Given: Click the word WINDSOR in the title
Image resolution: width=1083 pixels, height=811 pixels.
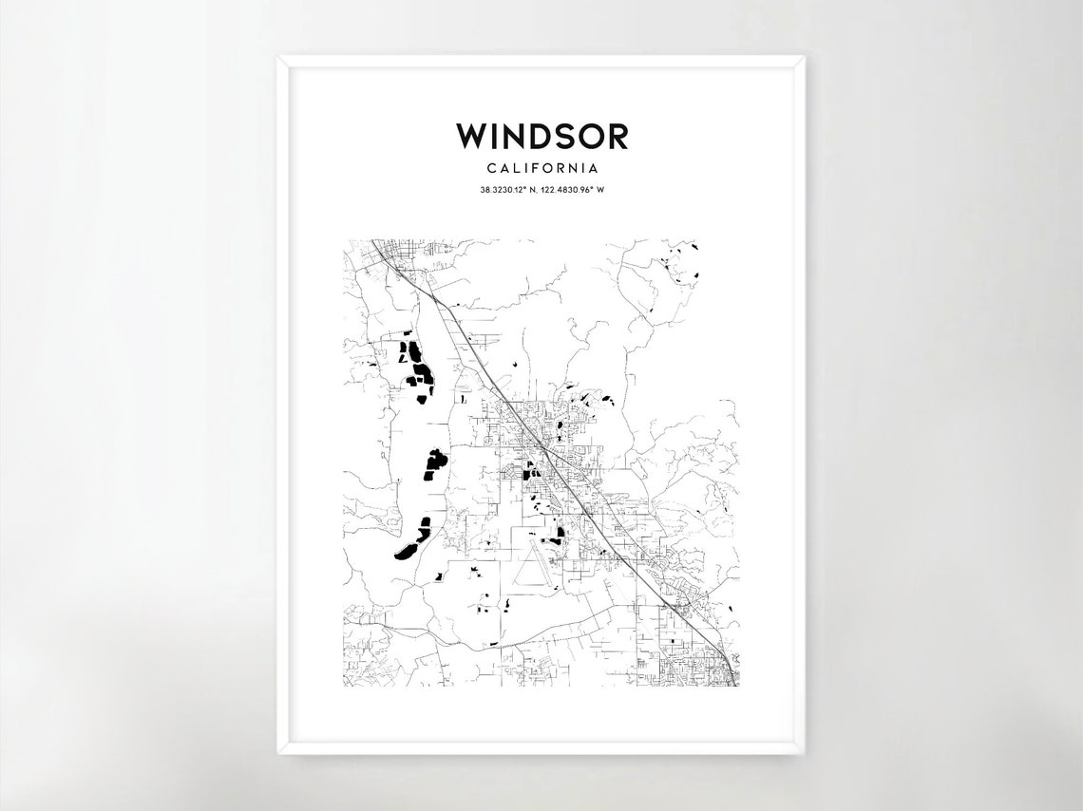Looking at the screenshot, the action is (541, 136).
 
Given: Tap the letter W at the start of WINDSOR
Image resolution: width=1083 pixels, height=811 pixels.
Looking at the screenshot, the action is (472, 136).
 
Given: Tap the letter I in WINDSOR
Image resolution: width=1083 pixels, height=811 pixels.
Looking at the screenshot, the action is (495, 136).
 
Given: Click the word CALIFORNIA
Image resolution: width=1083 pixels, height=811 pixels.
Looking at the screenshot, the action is (541, 168).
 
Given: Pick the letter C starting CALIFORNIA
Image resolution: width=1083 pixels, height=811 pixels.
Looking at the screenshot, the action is (490, 168).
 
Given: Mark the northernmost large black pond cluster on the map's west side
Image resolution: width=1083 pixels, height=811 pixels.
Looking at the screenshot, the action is (415, 366).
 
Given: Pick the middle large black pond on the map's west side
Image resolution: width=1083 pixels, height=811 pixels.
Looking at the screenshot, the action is (434, 464).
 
